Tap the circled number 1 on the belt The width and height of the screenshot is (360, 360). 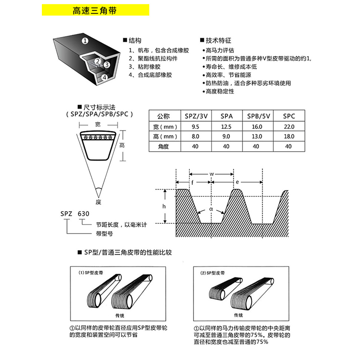coord(85,40)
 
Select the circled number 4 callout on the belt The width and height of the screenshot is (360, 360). coord(104,77)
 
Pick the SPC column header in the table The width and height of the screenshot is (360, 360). coord(288,116)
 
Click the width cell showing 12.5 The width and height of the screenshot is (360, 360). coord(226,126)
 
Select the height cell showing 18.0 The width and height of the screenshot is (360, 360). coord(288,136)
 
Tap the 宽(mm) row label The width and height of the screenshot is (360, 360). coord(163,126)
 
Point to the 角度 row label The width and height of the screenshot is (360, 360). coord(163,146)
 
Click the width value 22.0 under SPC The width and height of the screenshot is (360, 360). coord(288,126)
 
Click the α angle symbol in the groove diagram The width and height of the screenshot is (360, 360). coord(211,209)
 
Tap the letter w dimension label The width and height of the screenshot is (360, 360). coord(211,174)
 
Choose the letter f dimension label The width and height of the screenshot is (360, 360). coord(193,183)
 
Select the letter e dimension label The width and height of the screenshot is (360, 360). coord(237,183)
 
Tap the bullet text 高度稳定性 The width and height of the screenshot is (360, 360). coord(220,91)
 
